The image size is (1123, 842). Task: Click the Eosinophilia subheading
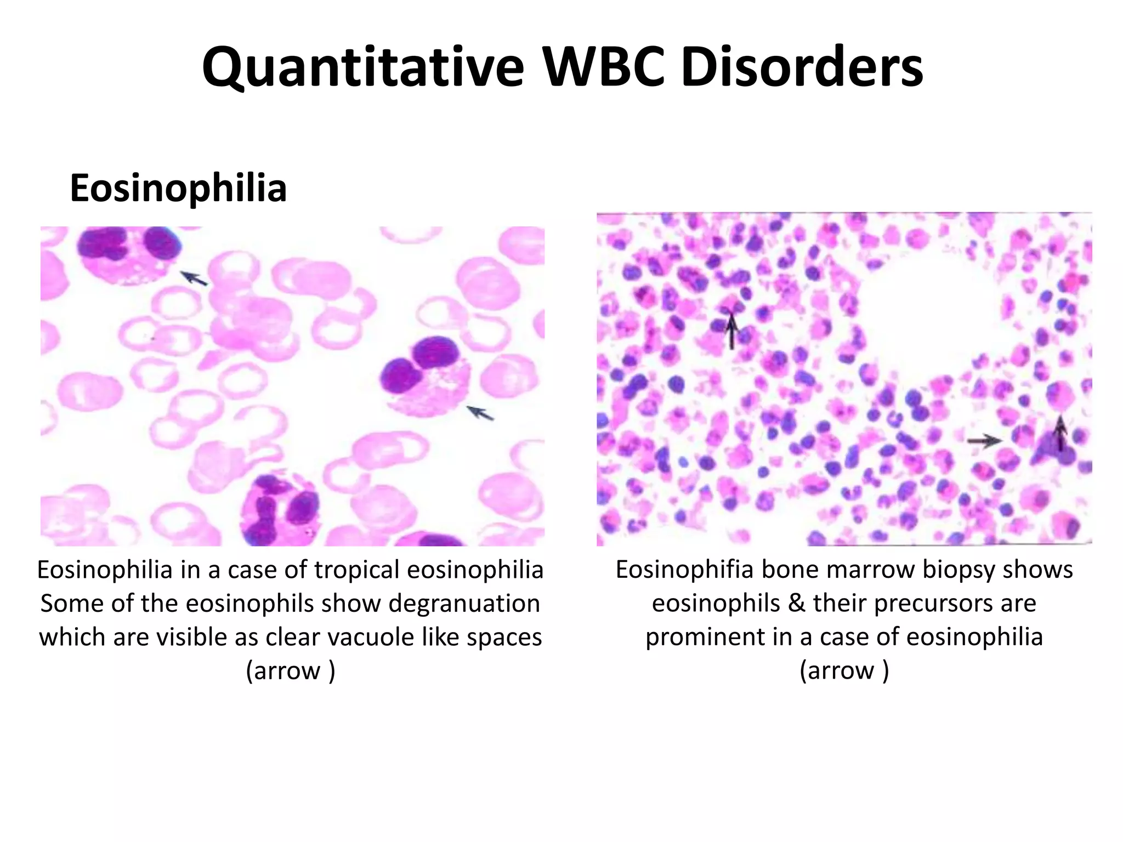(x=178, y=188)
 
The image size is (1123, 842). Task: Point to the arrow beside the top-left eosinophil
(x=194, y=278)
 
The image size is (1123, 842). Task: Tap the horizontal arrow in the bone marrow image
(x=984, y=440)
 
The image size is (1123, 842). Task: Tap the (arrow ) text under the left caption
(x=290, y=670)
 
